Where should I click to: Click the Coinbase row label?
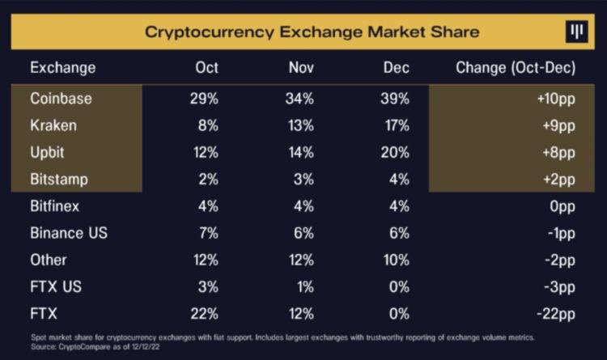(61, 99)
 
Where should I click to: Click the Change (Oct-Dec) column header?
(516, 68)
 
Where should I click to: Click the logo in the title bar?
(575, 32)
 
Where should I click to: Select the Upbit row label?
(49, 152)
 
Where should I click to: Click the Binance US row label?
(69, 233)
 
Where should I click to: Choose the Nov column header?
(301, 68)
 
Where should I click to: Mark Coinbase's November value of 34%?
(299, 99)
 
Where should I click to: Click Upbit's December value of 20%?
(395, 152)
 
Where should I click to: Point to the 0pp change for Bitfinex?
(560, 206)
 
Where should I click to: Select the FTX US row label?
(56, 287)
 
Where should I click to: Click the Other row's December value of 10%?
(395, 260)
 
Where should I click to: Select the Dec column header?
(396, 68)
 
